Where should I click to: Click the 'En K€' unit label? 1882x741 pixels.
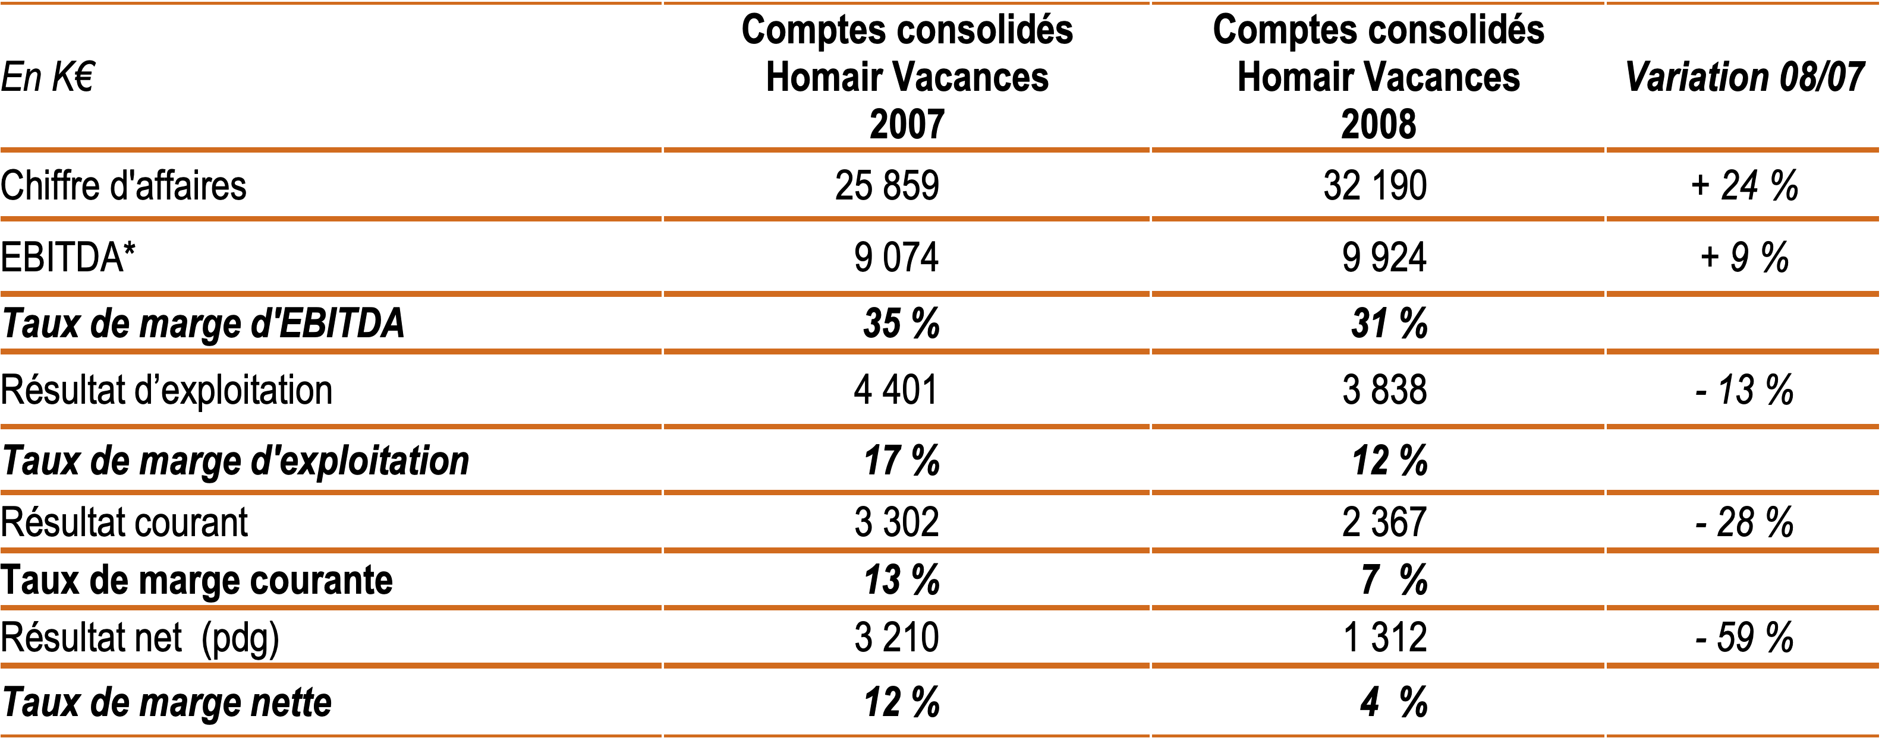48,77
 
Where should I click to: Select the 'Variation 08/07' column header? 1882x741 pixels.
1744,77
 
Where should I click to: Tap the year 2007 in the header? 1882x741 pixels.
907,124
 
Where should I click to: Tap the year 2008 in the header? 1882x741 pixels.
1378,124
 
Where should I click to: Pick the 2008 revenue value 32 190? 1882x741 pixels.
1375,185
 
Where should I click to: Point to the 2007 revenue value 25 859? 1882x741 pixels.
887,185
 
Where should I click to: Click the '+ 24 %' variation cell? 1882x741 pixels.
1744,185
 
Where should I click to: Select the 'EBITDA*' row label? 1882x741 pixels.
68,257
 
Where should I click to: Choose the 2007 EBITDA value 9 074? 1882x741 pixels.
896,257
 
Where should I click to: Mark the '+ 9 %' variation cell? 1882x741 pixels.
1744,257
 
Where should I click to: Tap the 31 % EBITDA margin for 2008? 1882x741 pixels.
1389,324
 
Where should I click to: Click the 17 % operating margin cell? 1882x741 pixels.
902,461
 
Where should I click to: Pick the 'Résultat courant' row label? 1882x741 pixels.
124,522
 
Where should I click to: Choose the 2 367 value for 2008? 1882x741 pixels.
1384,522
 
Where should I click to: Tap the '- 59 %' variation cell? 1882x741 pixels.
1744,637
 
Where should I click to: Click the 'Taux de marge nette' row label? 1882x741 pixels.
166,702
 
